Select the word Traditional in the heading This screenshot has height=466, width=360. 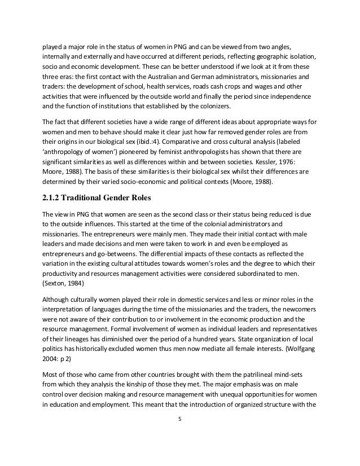[89, 198]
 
